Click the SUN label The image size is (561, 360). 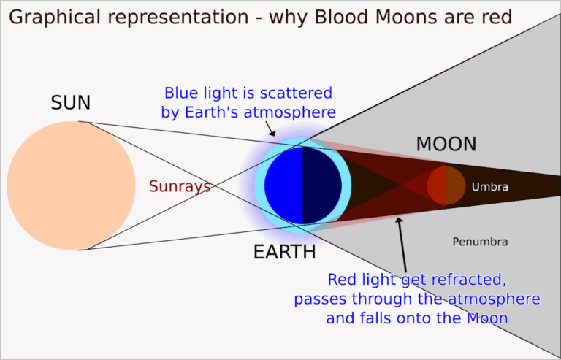click(x=70, y=104)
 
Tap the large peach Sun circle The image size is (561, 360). click(x=71, y=185)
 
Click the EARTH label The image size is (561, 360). click(x=284, y=253)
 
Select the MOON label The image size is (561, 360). click(x=446, y=145)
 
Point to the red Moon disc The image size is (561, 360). click(x=446, y=185)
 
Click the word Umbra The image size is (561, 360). click(x=489, y=188)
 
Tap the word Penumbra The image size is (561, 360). click(x=480, y=242)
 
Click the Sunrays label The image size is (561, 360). click(x=180, y=187)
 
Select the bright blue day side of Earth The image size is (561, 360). click(x=283, y=185)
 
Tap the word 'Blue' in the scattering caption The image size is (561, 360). click(x=180, y=93)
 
